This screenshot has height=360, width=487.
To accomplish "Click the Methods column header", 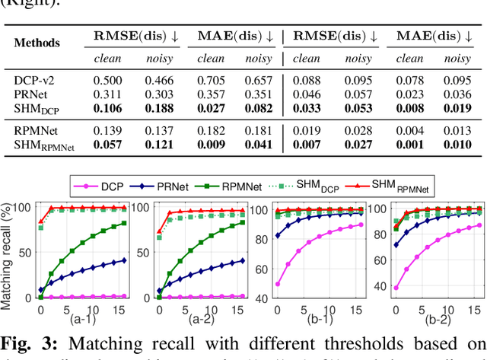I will pyautogui.click(x=37, y=43).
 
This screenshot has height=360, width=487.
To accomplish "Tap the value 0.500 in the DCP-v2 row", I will pyautogui.click(x=108, y=79).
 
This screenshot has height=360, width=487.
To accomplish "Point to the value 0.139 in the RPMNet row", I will pyautogui.click(x=108, y=131).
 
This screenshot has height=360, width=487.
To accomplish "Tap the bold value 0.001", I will pyautogui.click(x=409, y=145).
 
